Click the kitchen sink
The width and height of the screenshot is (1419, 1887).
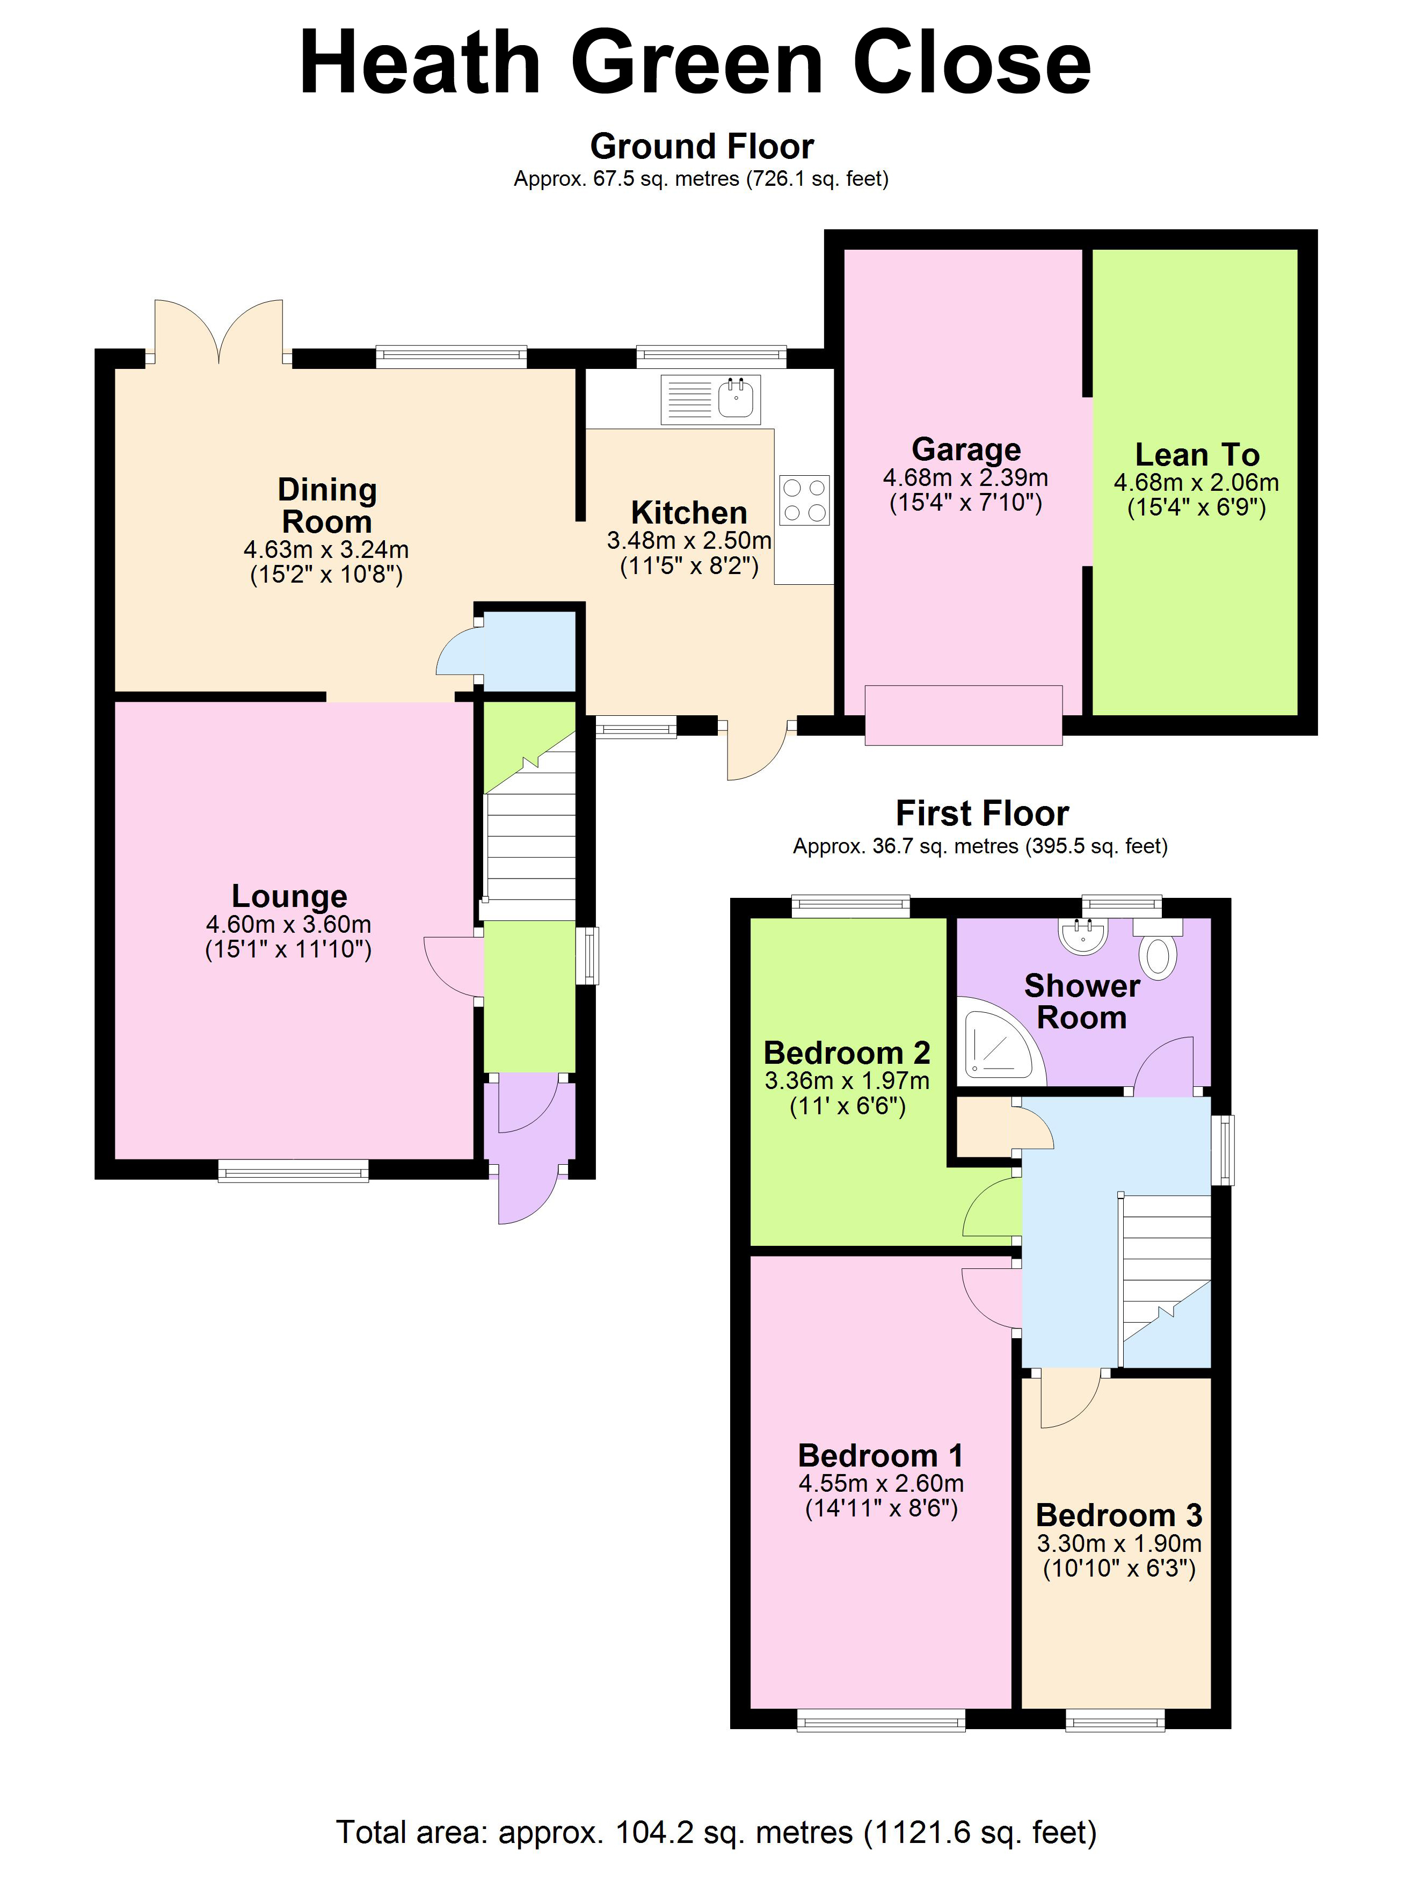pyautogui.click(x=710, y=399)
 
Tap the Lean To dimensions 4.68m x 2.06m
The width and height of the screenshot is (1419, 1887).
pyautogui.click(x=1196, y=483)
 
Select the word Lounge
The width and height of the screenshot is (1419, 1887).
pyautogui.click(x=289, y=896)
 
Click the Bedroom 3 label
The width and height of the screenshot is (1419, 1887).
pyautogui.click(x=1118, y=1515)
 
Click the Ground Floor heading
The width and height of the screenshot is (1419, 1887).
pyautogui.click(x=702, y=147)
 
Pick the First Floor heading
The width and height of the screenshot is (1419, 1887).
pyautogui.click(x=981, y=813)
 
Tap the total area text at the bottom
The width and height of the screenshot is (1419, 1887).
pyautogui.click(x=716, y=1832)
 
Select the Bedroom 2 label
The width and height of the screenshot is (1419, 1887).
pyautogui.click(x=846, y=1052)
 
